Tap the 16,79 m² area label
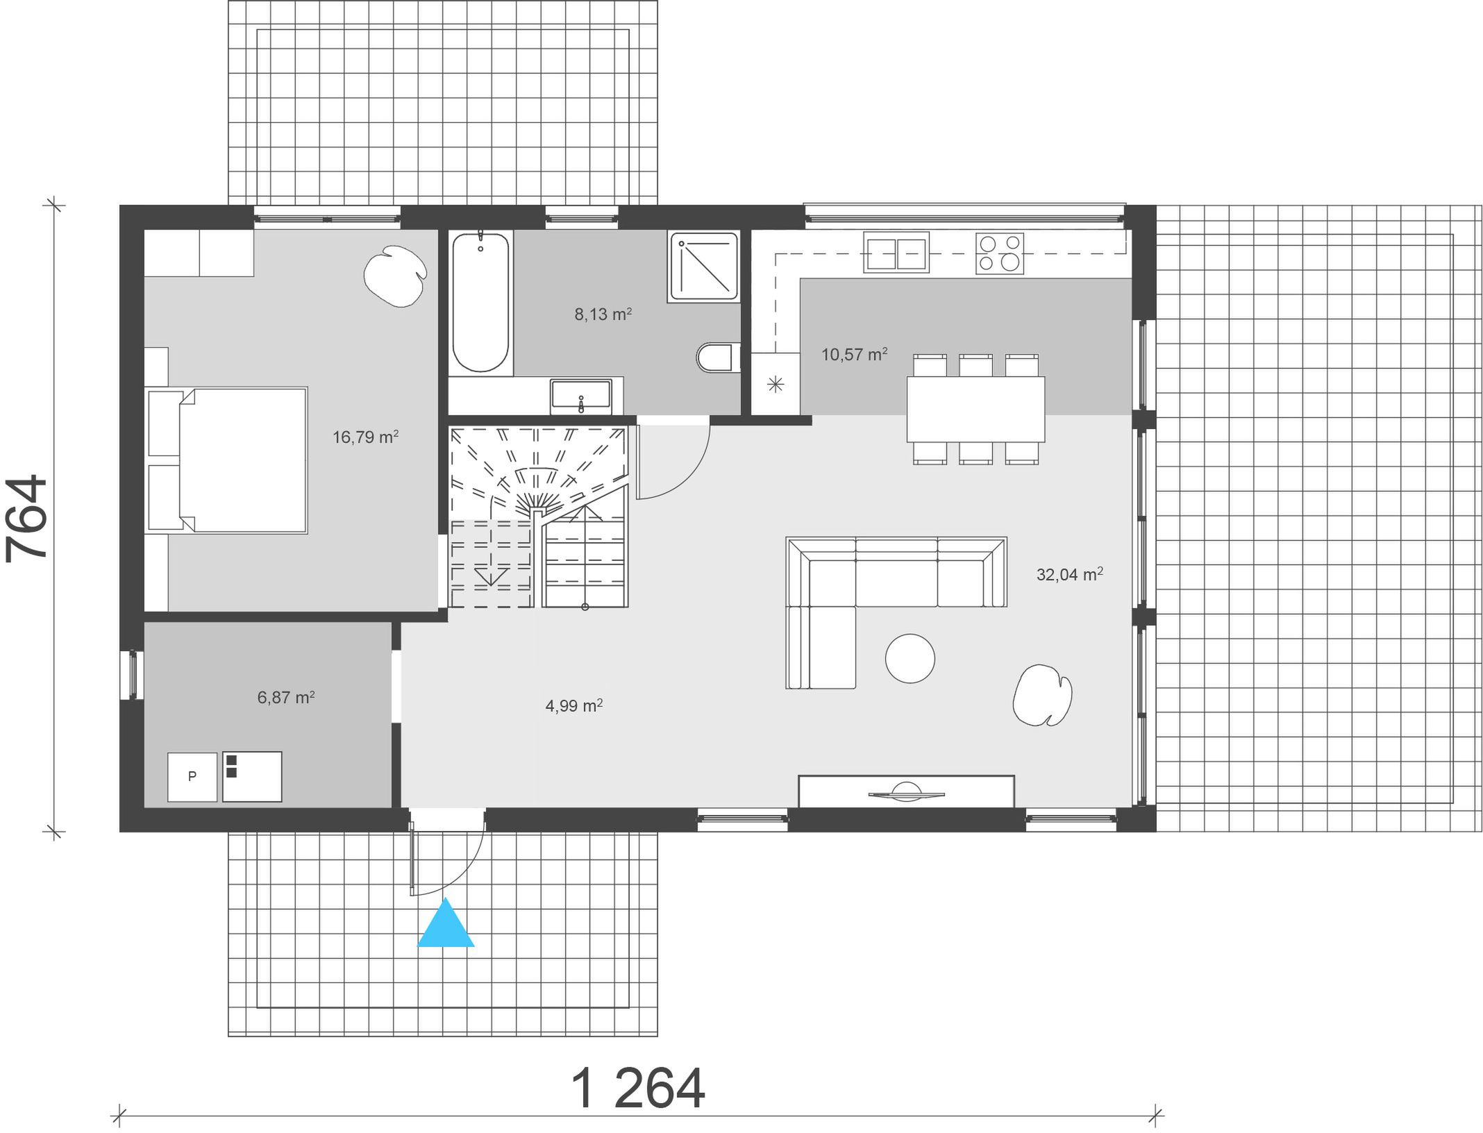365,437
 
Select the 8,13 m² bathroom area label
603,314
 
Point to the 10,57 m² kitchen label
854,354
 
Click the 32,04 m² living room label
1069,574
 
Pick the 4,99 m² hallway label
573,706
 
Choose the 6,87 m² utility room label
286,697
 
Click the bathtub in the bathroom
480,303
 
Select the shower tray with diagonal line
703,267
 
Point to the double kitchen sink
896,252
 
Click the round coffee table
910,659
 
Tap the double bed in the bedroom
228,460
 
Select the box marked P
192,777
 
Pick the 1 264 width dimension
637,1088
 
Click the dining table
975,409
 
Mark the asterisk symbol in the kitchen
776,384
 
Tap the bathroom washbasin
581,396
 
